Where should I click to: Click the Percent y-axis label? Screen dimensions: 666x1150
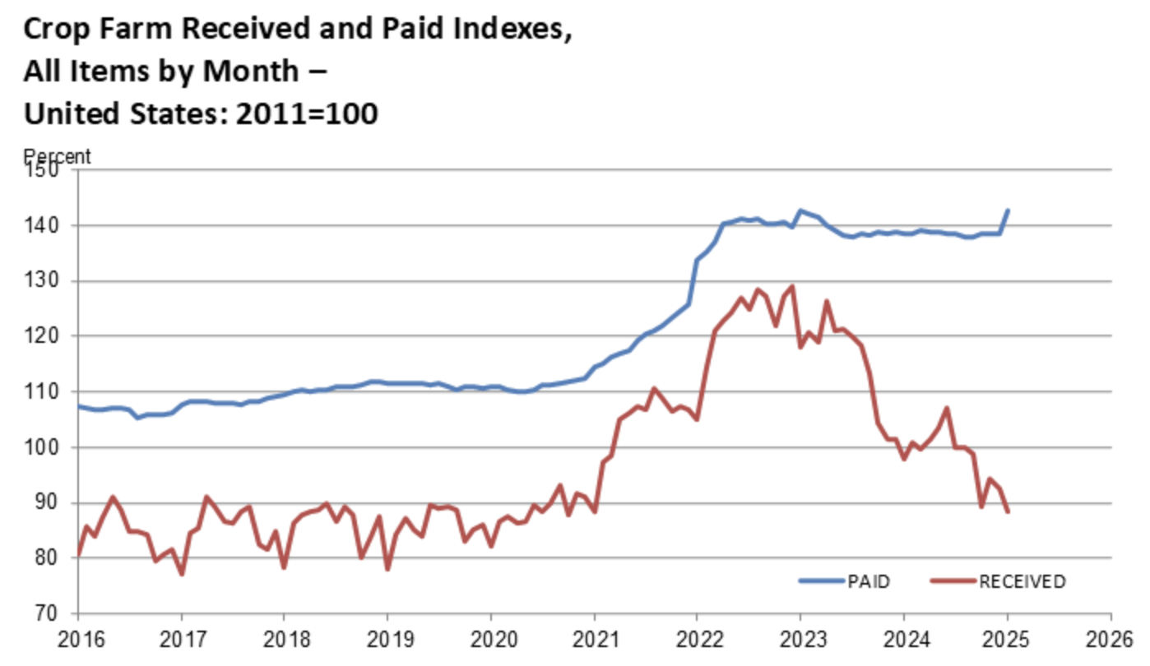(x=57, y=156)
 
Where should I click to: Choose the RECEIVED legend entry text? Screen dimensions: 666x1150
(x=1022, y=582)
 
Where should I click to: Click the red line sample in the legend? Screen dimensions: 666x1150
(x=953, y=581)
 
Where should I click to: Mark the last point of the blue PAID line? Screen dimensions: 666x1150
(x=1008, y=210)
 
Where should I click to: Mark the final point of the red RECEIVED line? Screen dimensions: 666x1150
(x=1008, y=512)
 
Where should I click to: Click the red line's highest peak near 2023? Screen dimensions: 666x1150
(x=791, y=286)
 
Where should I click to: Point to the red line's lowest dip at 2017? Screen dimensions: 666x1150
(x=181, y=574)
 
